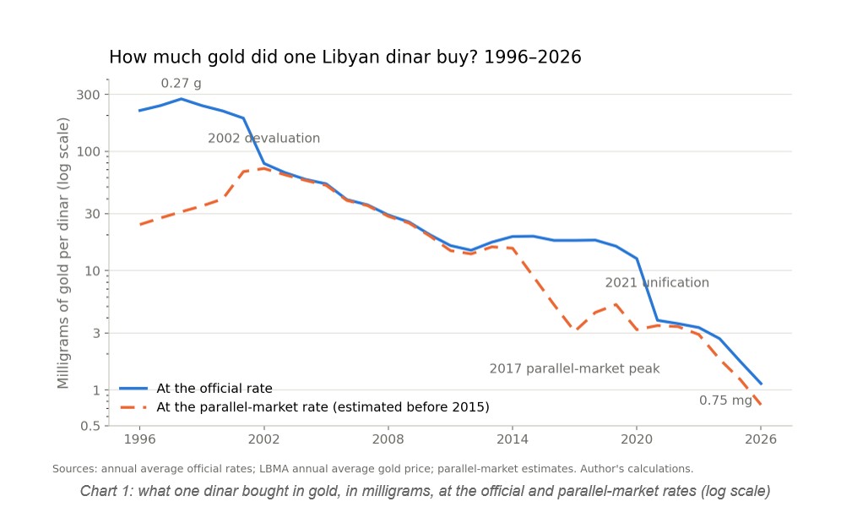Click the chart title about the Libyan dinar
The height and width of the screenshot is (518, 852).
coord(345,57)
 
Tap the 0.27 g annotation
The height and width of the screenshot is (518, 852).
coord(181,83)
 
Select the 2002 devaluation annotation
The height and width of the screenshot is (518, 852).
coord(264,138)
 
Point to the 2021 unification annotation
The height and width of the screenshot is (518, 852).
coord(657,282)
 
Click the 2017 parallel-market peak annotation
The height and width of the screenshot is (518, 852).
coord(574,368)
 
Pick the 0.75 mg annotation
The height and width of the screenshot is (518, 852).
coord(725,401)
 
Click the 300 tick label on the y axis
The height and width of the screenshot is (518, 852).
coord(88,95)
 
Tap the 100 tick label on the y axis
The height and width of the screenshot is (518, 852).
coord(88,151)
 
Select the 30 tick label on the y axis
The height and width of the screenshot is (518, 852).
coord(92,214)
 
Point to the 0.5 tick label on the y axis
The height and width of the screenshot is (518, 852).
coord(90,426)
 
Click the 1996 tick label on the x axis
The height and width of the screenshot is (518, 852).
coord(139,439)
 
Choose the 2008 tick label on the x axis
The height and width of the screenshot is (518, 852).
coord(388,439)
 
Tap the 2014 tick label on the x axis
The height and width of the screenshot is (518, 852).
coord(513,439)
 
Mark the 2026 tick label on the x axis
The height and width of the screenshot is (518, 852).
coord(761,439)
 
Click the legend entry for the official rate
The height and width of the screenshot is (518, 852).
coord(196,389)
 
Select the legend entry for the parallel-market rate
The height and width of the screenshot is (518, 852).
coord(304,407)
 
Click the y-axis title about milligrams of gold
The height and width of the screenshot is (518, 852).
coord(63,254)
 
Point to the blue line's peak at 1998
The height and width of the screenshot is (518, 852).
coord(181,99)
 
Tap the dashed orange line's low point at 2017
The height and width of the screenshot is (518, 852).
coord(576,330)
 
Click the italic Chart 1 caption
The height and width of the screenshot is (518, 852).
coord(425,491)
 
